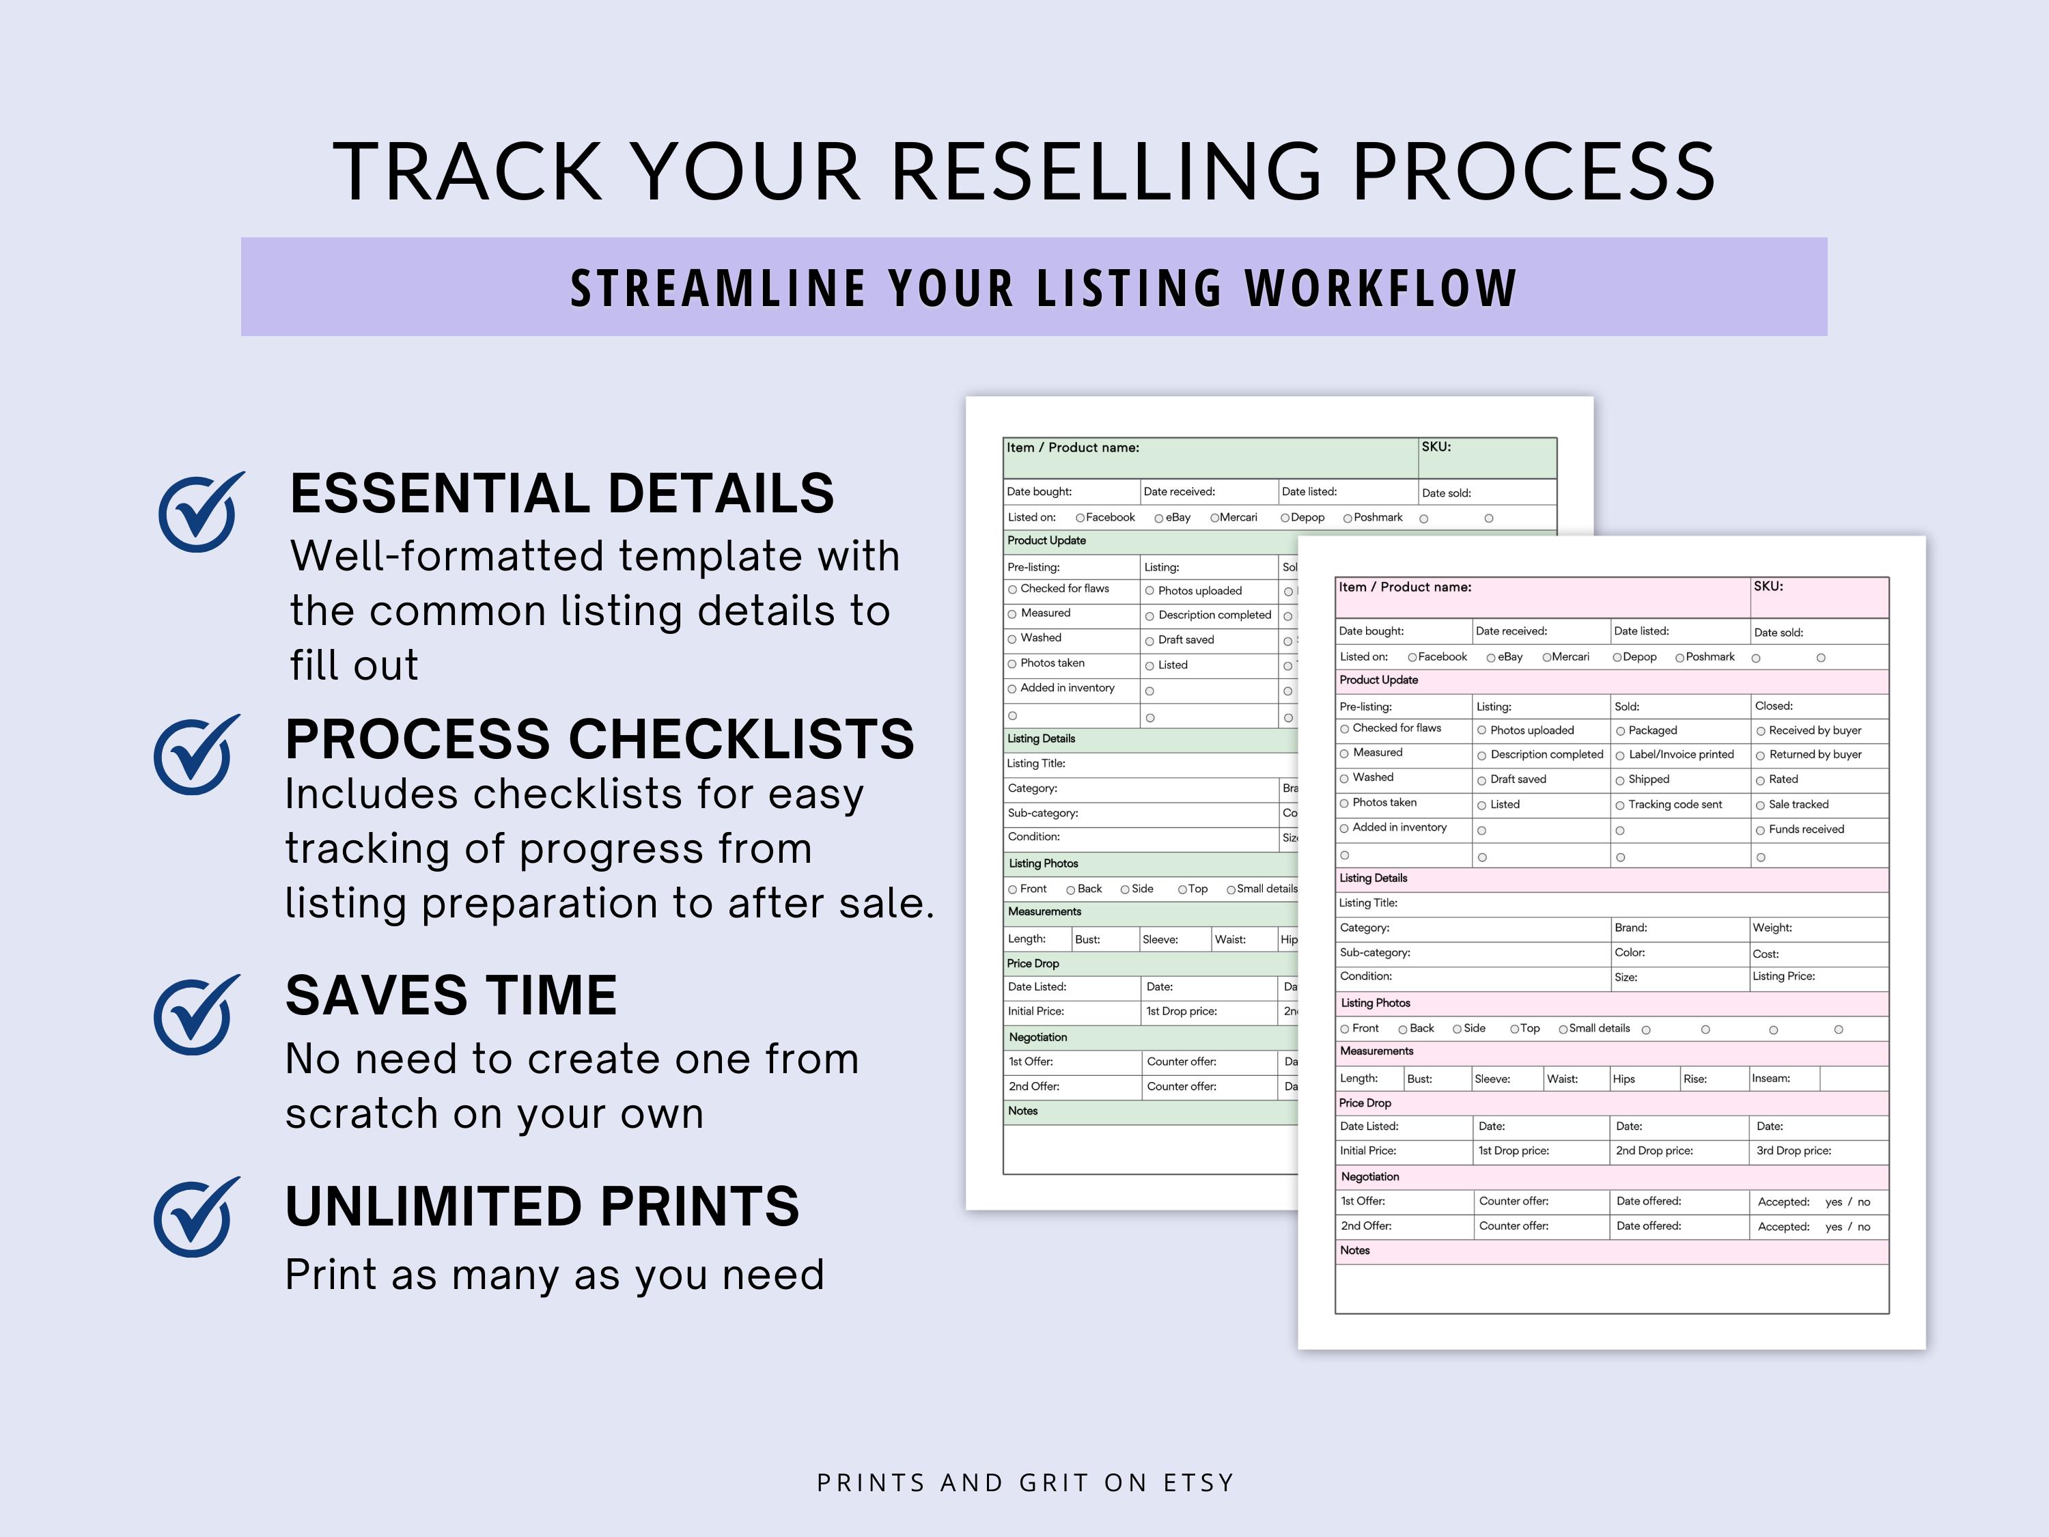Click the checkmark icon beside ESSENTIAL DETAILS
point(199,512)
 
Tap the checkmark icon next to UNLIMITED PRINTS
point(195,1217)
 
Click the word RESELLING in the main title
point(1107,172)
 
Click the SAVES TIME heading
point(451,996)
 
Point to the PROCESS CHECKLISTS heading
point(599,739)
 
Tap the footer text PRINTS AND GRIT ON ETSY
point(1025,1483)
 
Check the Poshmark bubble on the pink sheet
point(1679,658)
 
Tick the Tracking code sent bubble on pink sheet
point(1620,806)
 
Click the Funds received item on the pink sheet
point(1804,829)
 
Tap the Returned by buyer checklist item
point(1814,754)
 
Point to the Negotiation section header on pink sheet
point(1370,1176)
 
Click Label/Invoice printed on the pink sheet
point(1680,754)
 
